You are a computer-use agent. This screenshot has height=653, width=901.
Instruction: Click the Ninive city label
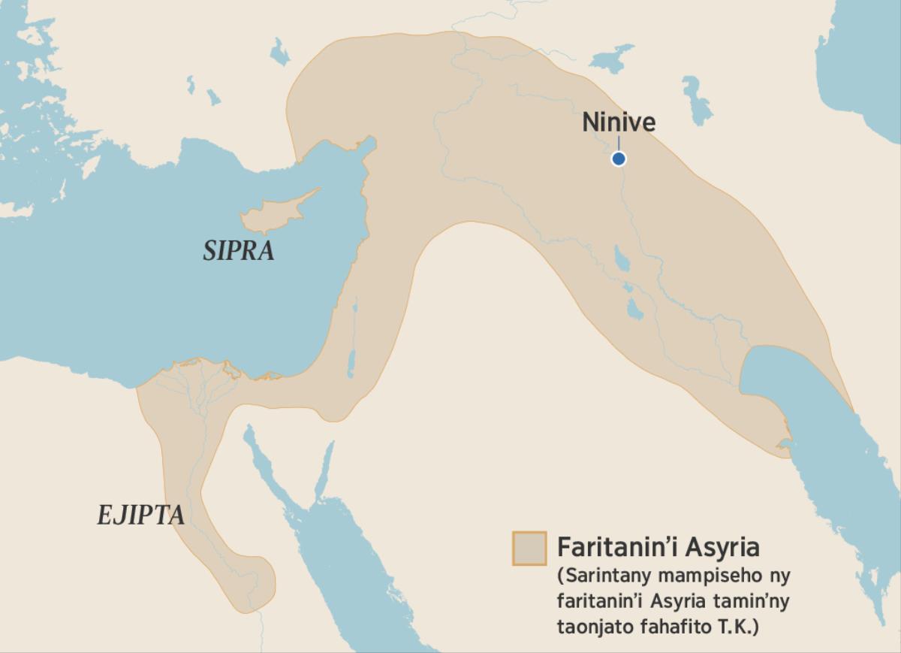[619, 122]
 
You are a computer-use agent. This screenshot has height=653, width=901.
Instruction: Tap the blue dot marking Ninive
[619, 159]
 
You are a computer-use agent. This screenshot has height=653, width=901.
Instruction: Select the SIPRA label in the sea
[239, 251]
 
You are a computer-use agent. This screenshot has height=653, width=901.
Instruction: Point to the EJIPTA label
[140, 515]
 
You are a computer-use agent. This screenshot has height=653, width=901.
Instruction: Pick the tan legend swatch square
[529, 548]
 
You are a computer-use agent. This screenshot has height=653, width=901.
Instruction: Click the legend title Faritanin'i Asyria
[658, 546]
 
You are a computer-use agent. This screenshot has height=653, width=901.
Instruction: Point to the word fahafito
[685, 626]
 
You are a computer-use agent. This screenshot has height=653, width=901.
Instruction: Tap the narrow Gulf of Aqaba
[325, 469]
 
